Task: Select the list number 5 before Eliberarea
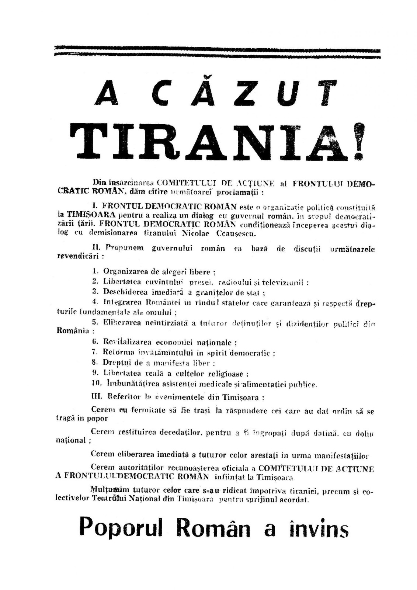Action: coord(95,323)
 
